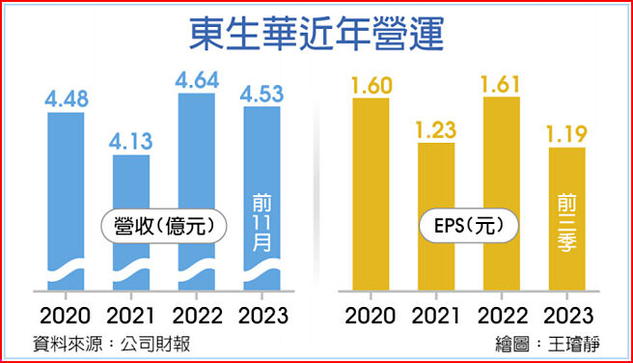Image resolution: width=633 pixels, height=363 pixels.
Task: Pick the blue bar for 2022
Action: (196, 154)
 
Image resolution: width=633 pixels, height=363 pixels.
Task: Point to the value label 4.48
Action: (67, 99)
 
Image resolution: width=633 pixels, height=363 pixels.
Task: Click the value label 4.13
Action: (130, 141)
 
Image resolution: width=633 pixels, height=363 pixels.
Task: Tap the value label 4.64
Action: (196, 81)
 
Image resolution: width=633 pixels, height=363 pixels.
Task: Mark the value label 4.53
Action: (261, 94)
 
